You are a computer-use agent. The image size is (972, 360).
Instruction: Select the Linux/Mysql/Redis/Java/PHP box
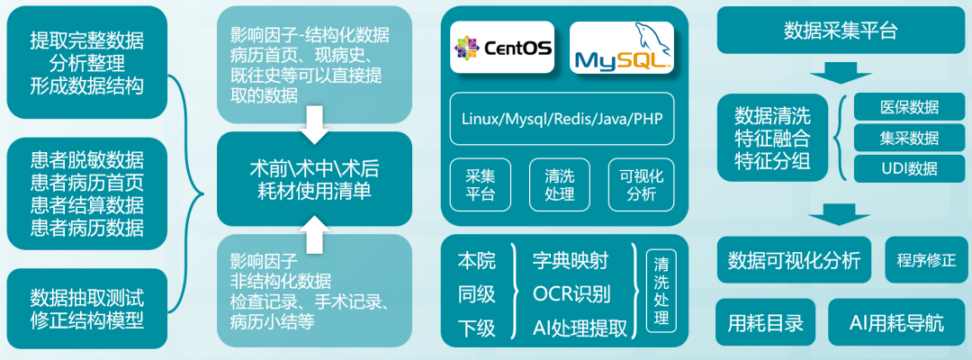click(562, 117)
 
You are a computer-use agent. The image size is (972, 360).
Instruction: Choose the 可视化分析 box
click(639, 183)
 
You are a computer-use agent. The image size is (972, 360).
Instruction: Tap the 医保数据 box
click(909, 107)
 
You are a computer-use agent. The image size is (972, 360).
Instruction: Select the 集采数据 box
click(909, 138)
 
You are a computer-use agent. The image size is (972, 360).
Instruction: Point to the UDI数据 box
click(909, 168)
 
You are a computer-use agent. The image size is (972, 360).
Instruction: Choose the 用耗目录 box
click(766, 321)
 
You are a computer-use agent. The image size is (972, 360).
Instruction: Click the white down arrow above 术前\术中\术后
click(313, 125)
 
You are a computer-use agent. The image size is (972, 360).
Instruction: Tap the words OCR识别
click(571, 293)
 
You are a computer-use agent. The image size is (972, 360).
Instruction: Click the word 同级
click(477, 294)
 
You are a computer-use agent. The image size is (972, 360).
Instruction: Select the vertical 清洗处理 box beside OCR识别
click(661, 292)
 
